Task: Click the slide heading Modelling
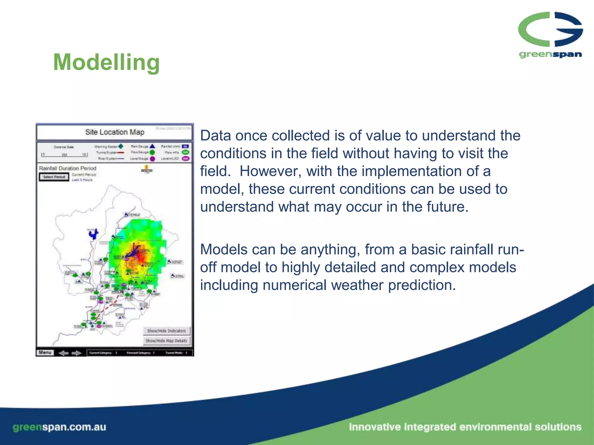[106, 62]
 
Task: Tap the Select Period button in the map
[54, 177]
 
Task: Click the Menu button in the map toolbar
[45, 353]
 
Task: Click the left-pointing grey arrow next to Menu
[63, 353]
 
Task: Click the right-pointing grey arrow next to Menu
[77, 353]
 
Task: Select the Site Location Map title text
[115, 132]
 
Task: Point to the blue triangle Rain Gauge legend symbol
[152, 146]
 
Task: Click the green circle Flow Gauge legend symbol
[152, 152]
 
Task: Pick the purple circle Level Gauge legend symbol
[152, 159]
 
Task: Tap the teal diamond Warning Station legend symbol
[121, 146]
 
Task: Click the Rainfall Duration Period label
[68, 168]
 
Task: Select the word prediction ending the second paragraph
[420, 285]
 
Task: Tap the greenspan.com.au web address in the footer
[59, 427]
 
